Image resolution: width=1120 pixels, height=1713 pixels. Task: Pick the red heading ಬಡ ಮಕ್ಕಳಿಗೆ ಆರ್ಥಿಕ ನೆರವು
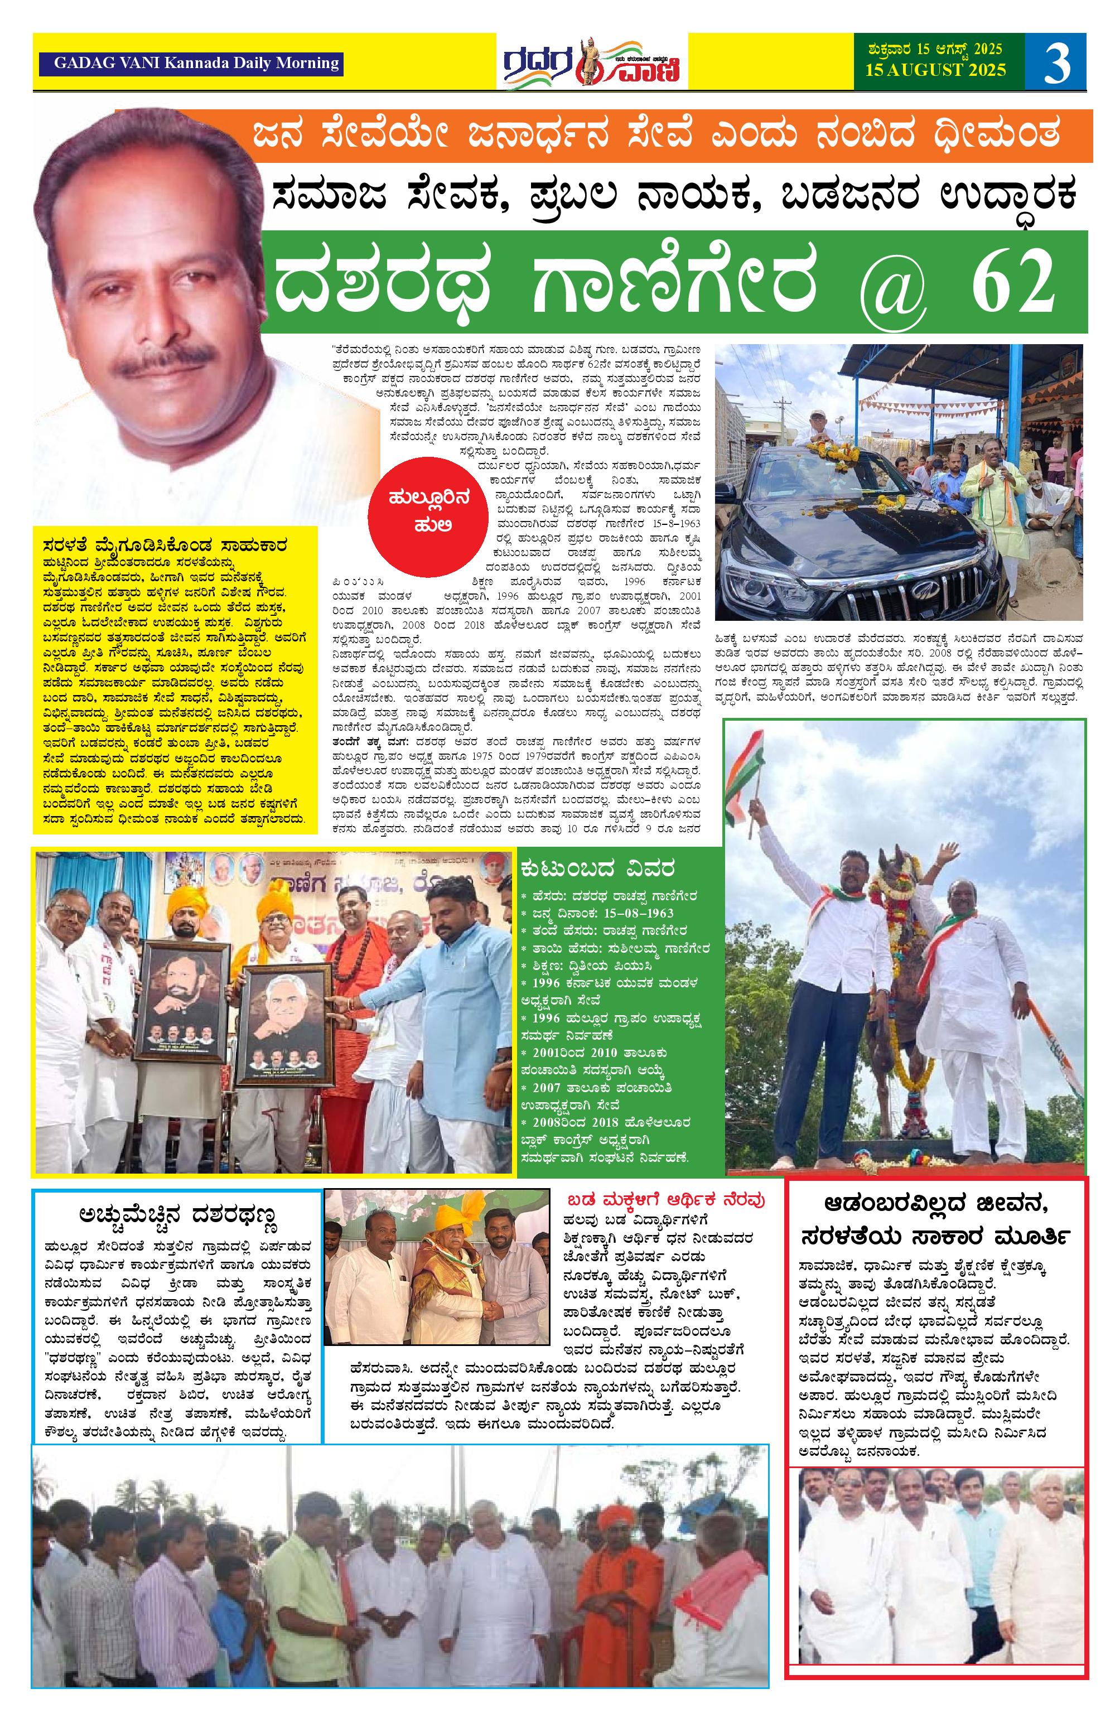pos(667,1200)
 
